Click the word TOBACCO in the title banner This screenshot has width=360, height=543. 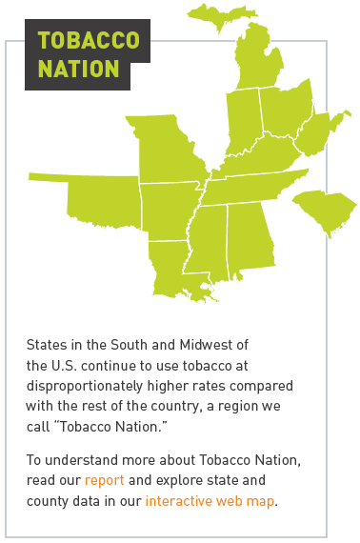88,41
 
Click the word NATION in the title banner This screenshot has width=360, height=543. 79,69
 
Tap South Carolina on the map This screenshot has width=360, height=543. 324,210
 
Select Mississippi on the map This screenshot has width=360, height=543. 210,244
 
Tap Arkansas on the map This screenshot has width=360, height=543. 170,210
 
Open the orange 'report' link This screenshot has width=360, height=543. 105,479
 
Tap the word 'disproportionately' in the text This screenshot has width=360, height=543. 83,385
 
